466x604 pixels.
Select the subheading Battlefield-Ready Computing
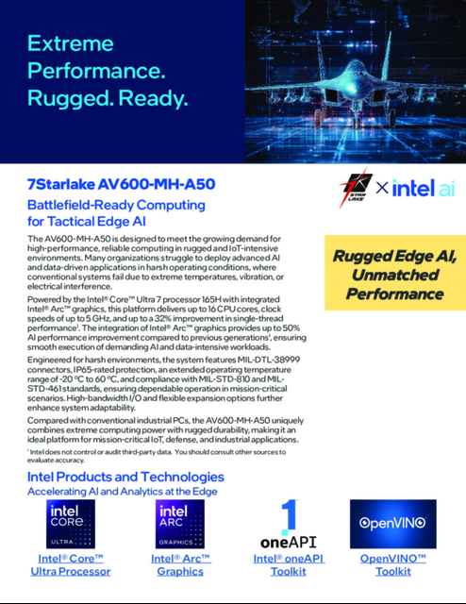coord(116,205)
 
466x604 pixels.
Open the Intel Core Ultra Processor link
coord(71,565)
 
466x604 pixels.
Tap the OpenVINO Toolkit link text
coord(392,565)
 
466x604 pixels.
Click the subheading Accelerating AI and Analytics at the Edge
coord(123,492)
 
